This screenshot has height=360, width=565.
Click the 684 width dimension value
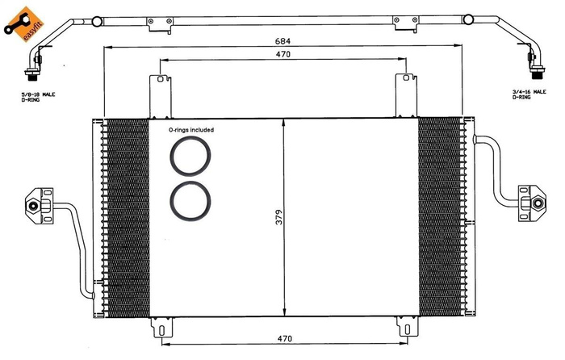(282, 41)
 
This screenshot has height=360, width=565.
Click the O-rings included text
(190, 129)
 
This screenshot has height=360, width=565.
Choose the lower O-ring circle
(190, 199)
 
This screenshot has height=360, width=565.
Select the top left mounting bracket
(161, 95)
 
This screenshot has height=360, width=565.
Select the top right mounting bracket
(404, 95)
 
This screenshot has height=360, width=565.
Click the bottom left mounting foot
(162, 328)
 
